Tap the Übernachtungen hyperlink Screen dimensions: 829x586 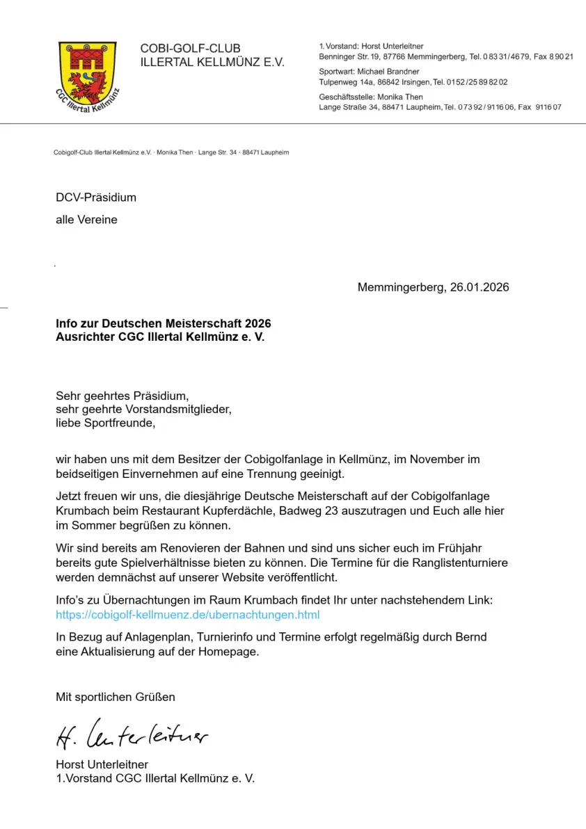click(187, 615)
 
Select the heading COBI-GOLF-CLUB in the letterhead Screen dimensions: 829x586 click(190, 49)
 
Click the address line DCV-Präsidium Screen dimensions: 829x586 click(96, 198)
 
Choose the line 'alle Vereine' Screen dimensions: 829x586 click(86, 220)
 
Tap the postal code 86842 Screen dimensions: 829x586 click(390, 82)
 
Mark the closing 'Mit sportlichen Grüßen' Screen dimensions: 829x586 click(116, 696)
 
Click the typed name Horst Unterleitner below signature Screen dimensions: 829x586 click(102, 764)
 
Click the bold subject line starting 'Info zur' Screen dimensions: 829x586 click(164, 324)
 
